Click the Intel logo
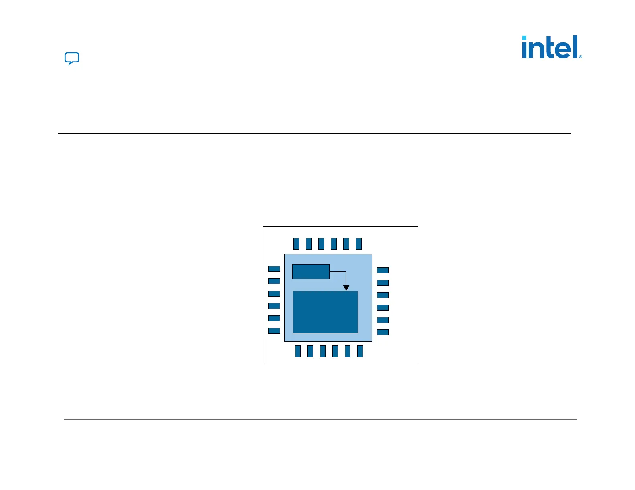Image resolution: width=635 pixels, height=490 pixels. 551,47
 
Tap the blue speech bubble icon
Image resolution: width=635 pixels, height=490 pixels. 72,58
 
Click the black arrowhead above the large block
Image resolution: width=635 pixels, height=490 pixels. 346,288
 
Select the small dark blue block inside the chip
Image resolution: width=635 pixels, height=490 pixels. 311,272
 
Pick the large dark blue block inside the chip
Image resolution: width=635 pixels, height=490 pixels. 325,312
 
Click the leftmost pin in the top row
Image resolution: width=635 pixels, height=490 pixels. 296,243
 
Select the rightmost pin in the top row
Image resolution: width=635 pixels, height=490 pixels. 358,243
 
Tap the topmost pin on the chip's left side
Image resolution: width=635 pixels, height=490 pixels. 274,269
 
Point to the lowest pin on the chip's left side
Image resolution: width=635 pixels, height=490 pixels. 274,331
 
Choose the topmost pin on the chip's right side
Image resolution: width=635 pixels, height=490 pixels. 383,271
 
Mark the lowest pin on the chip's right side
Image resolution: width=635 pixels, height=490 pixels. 383,332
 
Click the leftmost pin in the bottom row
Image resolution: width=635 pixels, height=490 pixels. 298,351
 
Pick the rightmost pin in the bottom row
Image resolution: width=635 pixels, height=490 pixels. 360,351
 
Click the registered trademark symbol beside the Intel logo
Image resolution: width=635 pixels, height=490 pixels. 580,57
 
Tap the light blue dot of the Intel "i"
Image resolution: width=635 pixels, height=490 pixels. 524,38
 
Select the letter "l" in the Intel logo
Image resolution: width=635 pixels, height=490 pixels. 576,46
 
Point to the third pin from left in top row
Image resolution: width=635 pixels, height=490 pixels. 321,243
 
